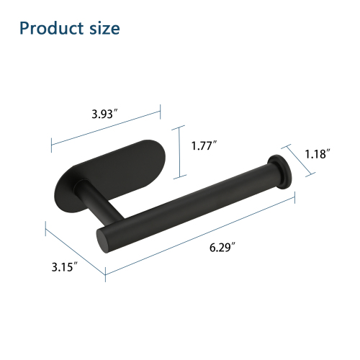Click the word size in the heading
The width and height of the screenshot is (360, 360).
pyautogui.click(x=104, y=29)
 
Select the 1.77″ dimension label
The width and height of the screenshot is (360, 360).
pyautogui.click(x=204, y=145)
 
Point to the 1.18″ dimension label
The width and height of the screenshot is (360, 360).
pyautogui.click(x=318, y=154)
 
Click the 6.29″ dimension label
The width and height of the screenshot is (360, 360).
pyautogui.click(x=222, y=247)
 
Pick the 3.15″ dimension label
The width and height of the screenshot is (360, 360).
pyautogui.click(x=65, y=267)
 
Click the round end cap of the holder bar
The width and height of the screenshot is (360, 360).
pyautogui.click(x=281, y=172)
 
